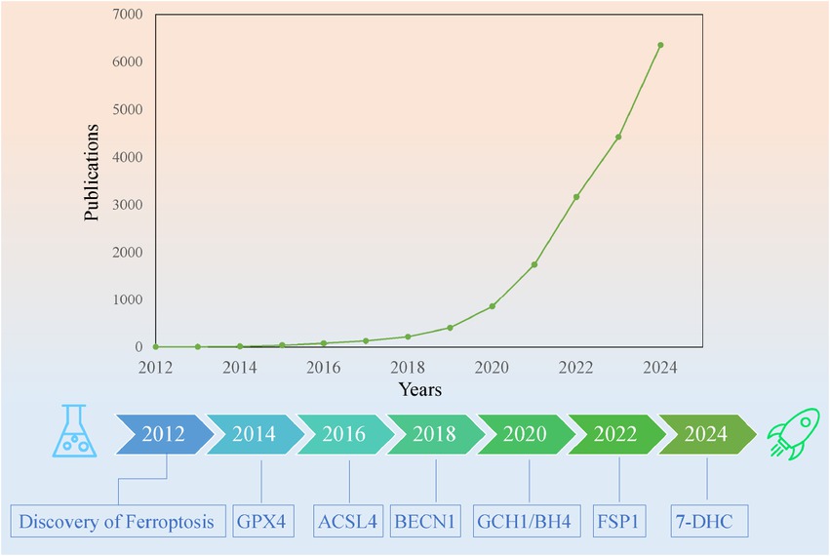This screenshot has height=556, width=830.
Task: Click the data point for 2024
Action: point(660,45)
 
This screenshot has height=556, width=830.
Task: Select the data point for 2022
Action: point(576,197)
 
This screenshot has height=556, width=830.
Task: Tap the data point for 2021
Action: point(534,264)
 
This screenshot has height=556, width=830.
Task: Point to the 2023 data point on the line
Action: point(618,137)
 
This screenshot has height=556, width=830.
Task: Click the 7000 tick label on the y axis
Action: point(127,16)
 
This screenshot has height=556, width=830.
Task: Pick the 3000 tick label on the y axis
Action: point(127,205)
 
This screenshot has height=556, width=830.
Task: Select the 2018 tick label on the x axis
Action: point(408,368)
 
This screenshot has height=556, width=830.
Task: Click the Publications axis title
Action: point(93,172)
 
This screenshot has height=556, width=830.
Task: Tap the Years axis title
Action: point(419,390)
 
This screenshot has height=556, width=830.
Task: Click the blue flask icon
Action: point(74,433)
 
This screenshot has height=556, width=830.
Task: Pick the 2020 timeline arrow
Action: point(523,434)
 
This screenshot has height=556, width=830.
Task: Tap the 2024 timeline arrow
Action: point(705,434)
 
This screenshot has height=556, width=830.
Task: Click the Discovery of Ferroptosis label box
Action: point(117,521)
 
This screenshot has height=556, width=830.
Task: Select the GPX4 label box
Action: point(262,521)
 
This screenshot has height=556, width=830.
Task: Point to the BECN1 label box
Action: point(425,521)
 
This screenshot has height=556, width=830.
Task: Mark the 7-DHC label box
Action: point(704,521)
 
